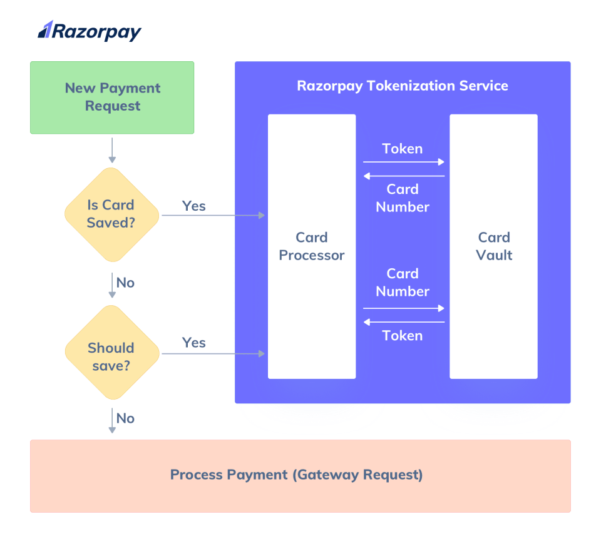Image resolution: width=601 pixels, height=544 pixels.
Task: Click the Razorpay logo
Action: [90, 31]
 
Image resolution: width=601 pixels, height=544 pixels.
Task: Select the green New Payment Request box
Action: [112, 98]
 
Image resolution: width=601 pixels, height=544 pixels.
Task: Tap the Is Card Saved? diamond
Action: [112, 214]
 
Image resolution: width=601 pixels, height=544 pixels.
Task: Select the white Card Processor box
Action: [312, 246]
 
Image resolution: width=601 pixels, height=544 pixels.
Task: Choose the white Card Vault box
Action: [493, 246]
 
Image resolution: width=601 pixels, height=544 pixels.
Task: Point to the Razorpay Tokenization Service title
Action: [403, 86]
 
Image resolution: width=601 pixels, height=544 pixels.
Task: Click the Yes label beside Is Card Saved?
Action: [193, 206]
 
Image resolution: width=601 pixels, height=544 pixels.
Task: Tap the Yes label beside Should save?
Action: [193, 343]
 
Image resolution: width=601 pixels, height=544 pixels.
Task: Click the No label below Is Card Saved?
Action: [125, 283]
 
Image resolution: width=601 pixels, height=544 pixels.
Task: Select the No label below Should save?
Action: [125, 418]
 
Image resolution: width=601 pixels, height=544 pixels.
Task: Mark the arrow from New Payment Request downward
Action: [112, 150]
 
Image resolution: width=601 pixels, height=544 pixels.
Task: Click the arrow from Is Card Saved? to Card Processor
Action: [213, 216]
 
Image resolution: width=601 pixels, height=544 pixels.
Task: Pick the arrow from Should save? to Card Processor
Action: [213, 354]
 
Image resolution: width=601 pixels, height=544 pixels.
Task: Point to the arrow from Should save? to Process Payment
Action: [112, 420]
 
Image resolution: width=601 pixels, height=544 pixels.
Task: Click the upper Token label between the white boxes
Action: [403, 149]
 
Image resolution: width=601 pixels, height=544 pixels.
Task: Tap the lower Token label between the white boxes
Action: [403, 336]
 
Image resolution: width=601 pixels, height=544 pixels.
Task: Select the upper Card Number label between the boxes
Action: [403, 198]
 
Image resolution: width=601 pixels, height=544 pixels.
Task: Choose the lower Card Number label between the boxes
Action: [403, 283]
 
